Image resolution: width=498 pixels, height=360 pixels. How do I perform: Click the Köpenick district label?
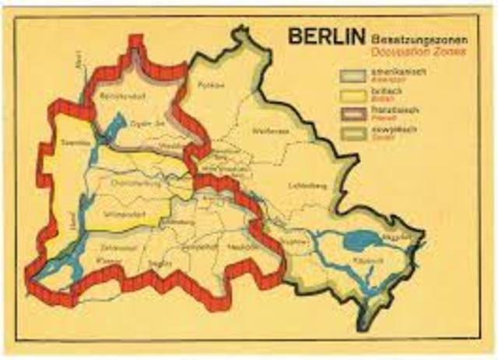pos(364,260)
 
